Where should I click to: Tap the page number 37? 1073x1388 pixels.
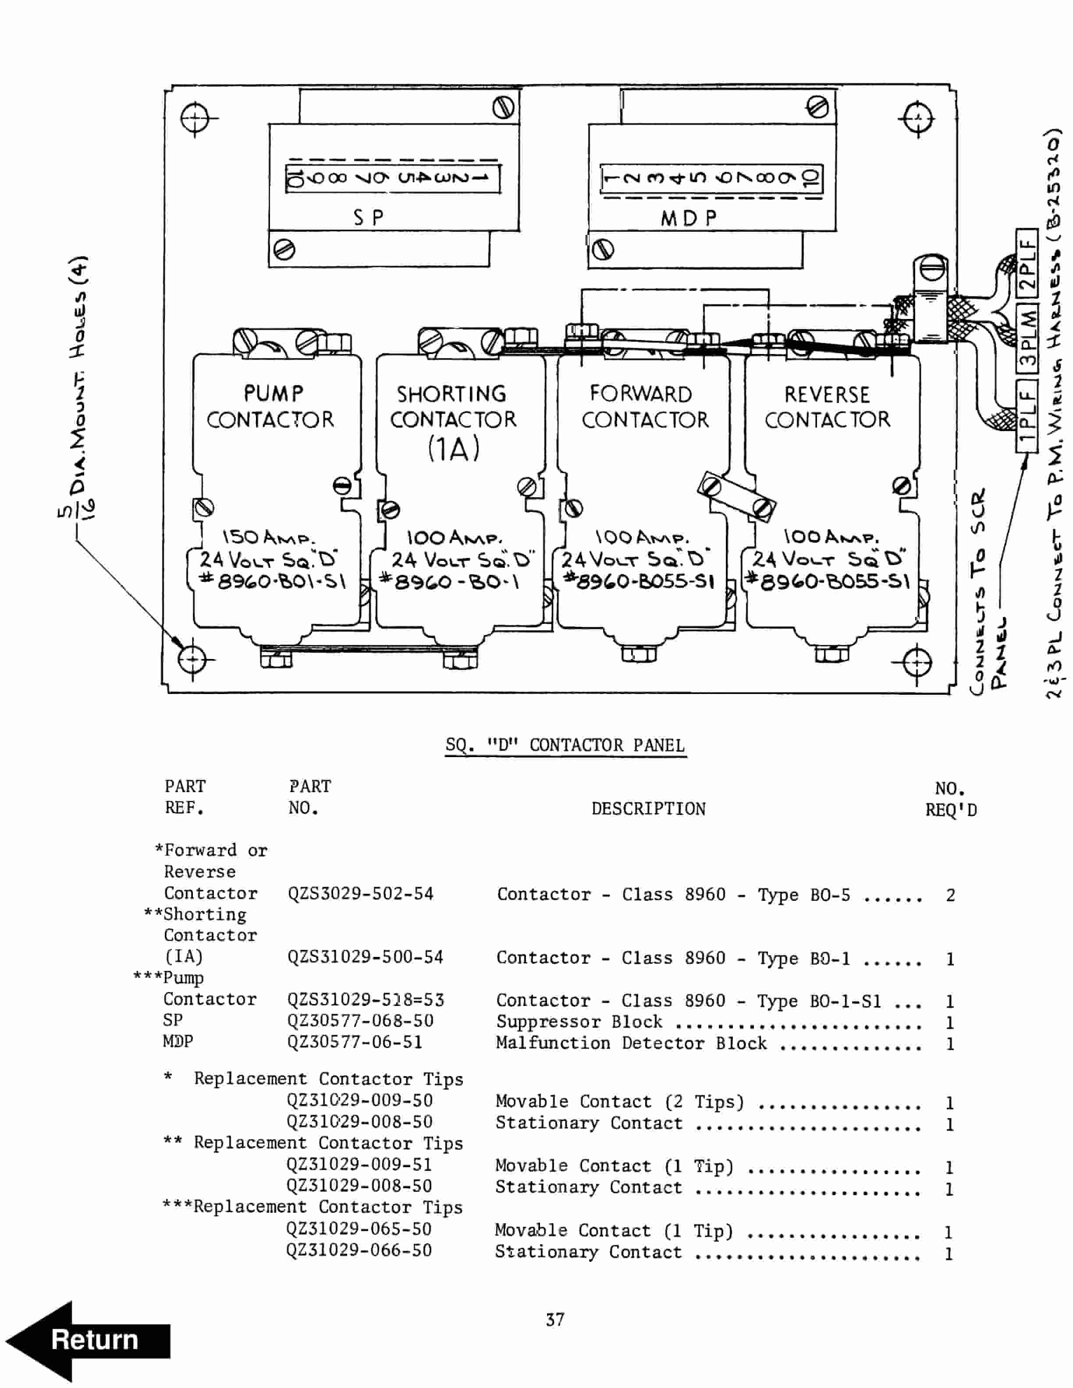tap(554, 1319)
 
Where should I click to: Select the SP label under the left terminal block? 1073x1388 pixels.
tap(369, 218)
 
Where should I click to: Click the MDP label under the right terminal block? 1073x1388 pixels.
tap(689, 219)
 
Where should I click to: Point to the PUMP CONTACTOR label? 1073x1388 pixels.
tap(271, 407)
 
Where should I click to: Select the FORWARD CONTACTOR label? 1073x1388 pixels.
tap(643, 407)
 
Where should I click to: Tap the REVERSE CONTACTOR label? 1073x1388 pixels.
tap(827, 407)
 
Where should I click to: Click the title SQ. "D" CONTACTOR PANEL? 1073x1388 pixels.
tap(565, 745)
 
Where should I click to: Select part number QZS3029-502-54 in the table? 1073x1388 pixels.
tap(360, 893)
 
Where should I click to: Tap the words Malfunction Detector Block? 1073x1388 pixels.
tap(631, 1043)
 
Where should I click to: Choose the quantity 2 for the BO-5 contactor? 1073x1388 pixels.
tap(950, 895)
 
